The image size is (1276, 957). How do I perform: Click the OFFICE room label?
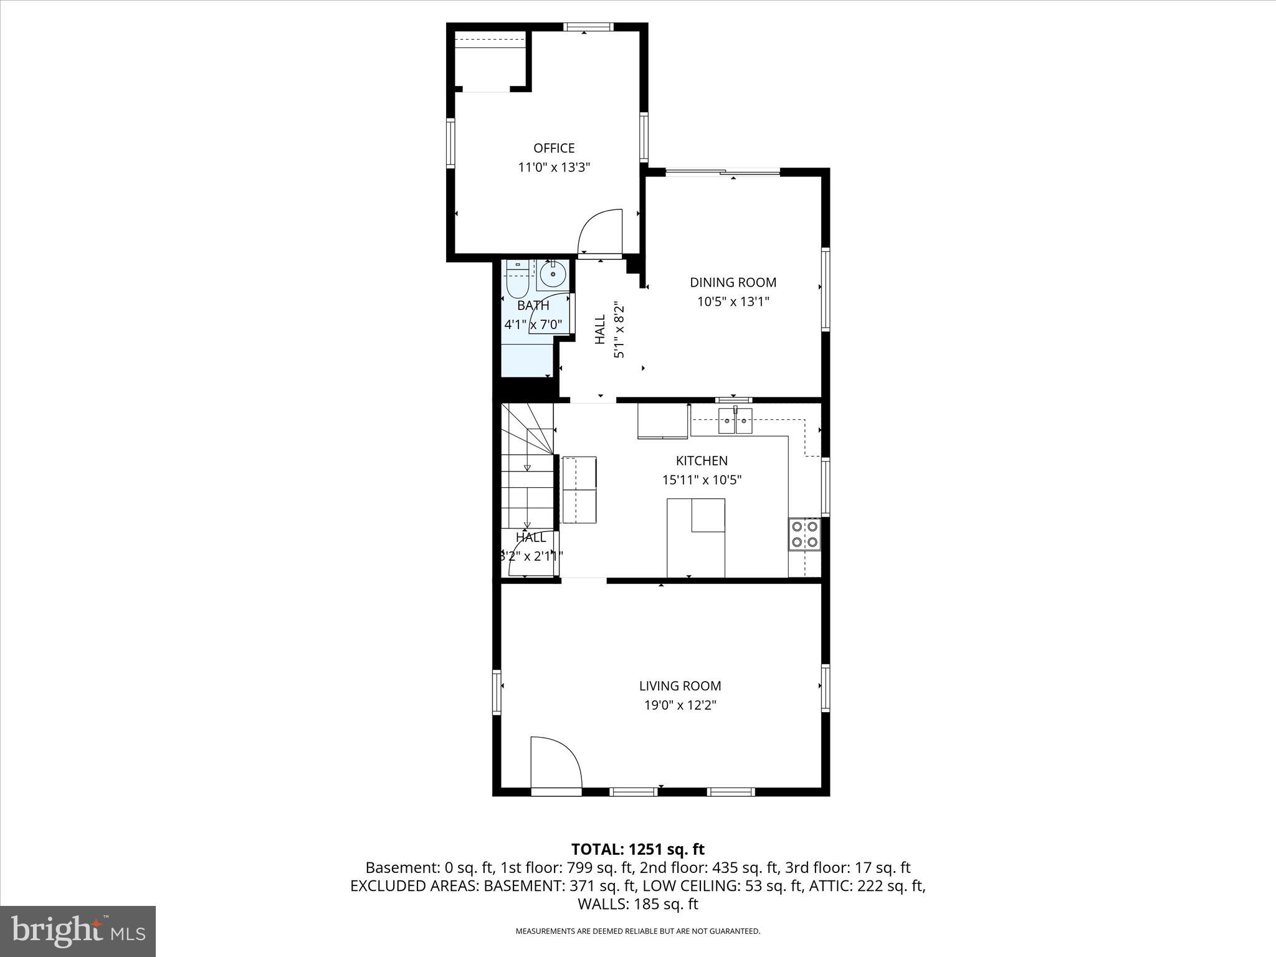tap(554, 148)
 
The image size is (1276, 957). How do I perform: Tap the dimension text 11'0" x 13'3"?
tap(554, 168)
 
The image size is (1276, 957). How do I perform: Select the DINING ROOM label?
tap(733, 282)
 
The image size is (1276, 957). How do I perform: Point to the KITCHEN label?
tap(702, 460)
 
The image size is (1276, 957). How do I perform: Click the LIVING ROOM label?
tap(680, 686)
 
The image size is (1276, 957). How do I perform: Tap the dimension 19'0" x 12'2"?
tap(680, 705)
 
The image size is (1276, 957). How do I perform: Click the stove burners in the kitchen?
tap(804, 534)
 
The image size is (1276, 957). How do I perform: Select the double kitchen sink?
tap(735, 421)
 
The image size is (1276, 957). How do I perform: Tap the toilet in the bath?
tap(517, 282)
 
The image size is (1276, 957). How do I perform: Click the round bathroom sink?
tap(553, 274)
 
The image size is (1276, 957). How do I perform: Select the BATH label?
tap(533, 306)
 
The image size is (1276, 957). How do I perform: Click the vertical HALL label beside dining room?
tap(600, 329)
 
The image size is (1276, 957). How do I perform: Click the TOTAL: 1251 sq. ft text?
tap(637, 849)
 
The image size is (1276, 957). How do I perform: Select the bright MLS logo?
tap(78, 931)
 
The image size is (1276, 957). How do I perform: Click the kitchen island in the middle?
tap(695, 537)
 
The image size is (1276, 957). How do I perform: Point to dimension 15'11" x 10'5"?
tap(702, 480)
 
